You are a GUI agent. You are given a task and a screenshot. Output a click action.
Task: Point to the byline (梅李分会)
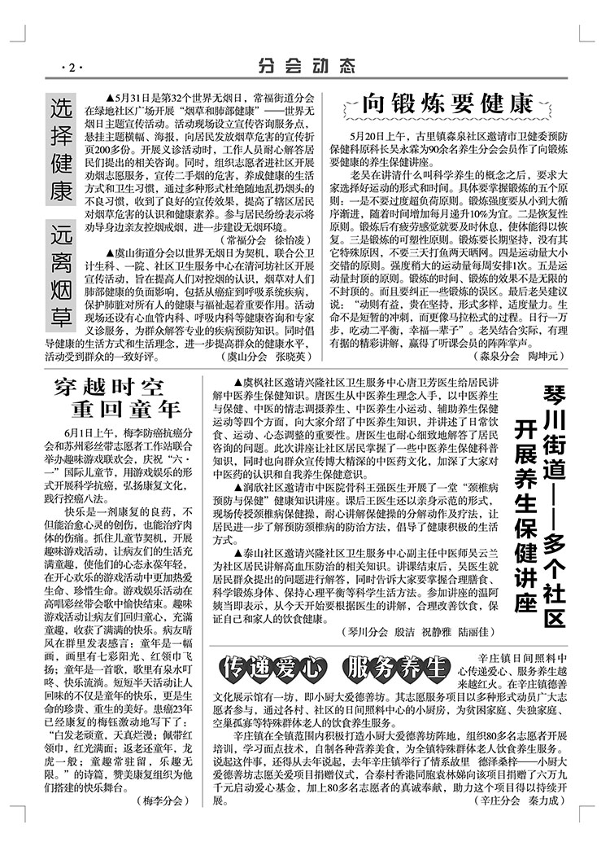click(159, 825)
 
